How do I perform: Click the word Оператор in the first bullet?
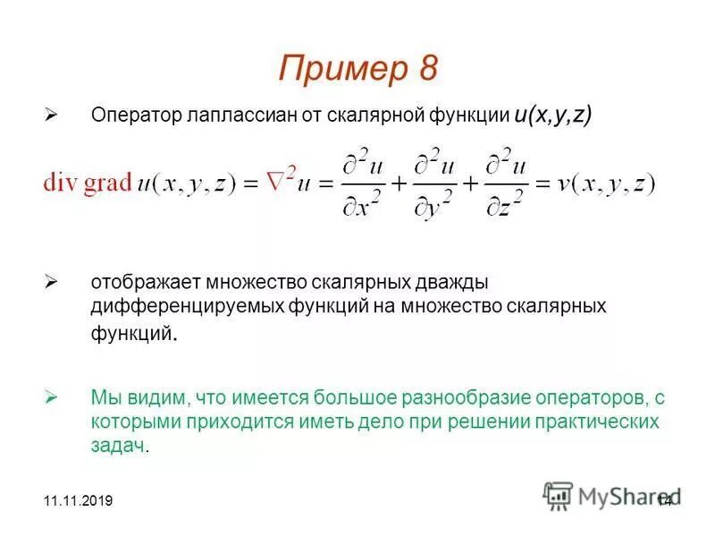[x=131, y=116]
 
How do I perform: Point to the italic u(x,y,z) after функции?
[x=552, y=115]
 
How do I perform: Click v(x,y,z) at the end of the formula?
[x=606, y=183]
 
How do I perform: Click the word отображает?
[x=146, y=283]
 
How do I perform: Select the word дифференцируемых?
[x=187, y=306]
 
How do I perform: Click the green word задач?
[x=116, y=446]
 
